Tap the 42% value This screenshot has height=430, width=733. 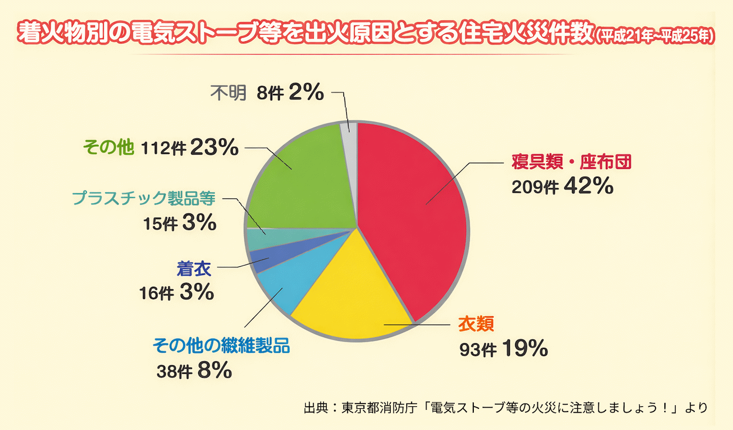point(588,186)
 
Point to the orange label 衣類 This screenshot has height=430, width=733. point(476,324)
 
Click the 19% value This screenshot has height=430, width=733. point(523,349)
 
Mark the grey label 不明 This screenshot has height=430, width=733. point(229,94)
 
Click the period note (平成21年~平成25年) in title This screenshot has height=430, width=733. point(654,35)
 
